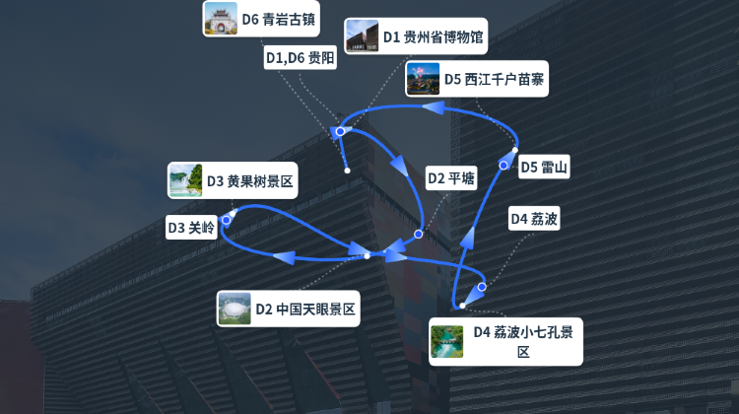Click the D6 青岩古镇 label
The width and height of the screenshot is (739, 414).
(261, 19)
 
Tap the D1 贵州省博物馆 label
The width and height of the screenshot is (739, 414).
(416, 36)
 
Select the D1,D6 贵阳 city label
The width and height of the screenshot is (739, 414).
(301, 57)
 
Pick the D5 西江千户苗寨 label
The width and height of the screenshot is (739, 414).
(477, 79)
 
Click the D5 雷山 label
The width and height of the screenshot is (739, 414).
(544, 167)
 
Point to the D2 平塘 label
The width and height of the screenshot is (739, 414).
(451, 178)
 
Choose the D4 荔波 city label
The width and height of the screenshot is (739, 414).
(534, 218)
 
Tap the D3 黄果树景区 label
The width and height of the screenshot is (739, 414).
(233, 180)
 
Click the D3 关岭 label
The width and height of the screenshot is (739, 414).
(191, 228)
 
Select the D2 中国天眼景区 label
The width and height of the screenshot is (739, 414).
(288, 309)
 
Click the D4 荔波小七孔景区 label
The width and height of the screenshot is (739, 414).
(505, 342)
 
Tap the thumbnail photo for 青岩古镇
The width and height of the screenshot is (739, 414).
(221, 19)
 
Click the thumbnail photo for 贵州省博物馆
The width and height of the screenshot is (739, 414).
(362, 35)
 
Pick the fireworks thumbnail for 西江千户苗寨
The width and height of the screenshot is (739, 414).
(423, 79)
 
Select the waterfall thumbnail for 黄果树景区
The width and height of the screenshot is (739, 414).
(185, 180)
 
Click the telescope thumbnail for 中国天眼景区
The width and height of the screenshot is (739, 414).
(235, 309)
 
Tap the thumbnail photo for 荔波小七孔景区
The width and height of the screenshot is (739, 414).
(446, 341)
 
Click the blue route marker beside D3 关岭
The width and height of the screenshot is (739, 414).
(227, 220)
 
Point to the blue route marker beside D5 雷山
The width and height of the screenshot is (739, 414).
(504, 165)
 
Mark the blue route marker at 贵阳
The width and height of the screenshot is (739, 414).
(340, 131)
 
